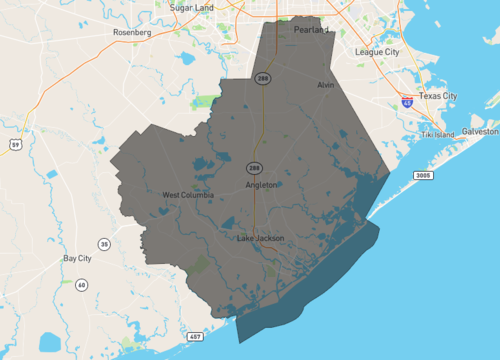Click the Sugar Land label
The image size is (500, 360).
(x=193, y=7)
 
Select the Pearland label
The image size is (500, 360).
(x=311, y=31)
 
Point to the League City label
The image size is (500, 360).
(x=377, y=52)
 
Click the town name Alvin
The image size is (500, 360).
(x=325, y=86)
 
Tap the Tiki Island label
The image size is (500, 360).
(x=437, y=134)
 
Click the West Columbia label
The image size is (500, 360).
(x=188, y=195)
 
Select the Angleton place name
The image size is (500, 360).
(x=261, y=185)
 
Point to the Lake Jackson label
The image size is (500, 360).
(x=261, y=238)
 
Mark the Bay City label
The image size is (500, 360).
(x=77, y=258)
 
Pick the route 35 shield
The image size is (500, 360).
(x=103, y=244)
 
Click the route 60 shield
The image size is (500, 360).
(x=81, y=285)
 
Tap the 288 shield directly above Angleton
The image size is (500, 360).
(x=255, y=167)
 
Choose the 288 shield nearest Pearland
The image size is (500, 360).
(x=262, y=78)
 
